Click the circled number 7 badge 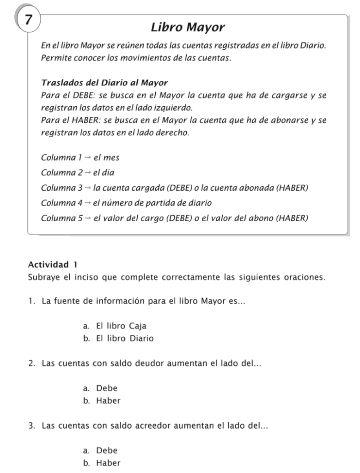[28, 20]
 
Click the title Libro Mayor [188, 28]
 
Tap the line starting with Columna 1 [80, 158]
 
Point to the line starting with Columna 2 [78, 173]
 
